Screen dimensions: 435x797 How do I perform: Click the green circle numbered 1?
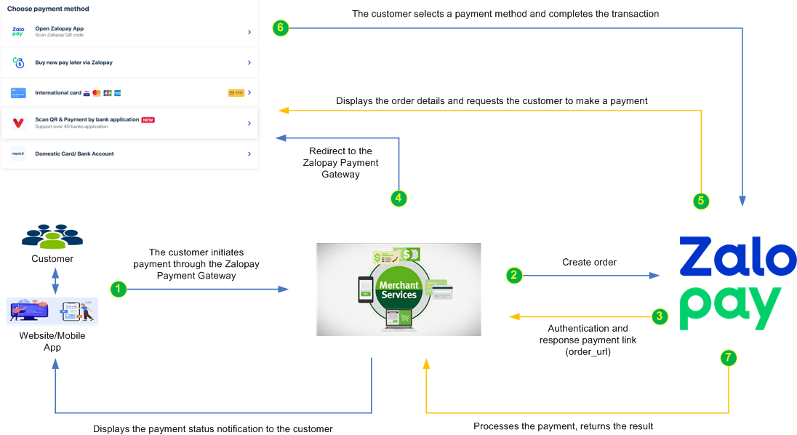coord(119,289)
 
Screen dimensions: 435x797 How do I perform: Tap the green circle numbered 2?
coord(514,275)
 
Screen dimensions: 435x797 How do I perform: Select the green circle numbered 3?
coord(659,316)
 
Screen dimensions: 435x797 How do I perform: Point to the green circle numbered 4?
coord(398,197)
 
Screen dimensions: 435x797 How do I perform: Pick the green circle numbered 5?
coord(701,201)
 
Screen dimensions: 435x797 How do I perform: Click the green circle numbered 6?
coord(281,28)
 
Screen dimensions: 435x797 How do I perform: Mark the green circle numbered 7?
coord(728,357)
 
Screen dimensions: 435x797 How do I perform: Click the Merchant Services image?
coord(398,290)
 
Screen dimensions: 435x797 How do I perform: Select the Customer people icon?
coord(52,236)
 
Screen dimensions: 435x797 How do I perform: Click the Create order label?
coord(589,262)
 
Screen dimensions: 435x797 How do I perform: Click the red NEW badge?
coord(148,119)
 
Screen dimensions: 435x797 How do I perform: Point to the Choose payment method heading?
coord(48,9)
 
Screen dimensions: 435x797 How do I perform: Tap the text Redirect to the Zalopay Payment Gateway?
coord(340,163)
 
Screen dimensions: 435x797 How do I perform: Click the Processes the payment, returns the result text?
coord(564,426)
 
